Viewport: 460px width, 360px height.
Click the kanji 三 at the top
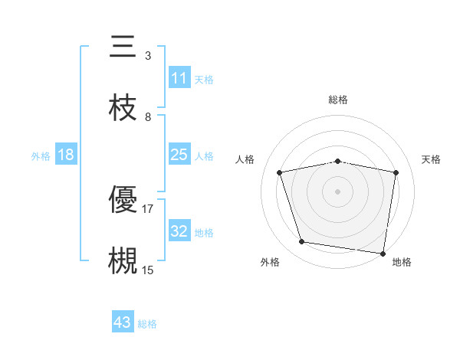click(x=123, y=47)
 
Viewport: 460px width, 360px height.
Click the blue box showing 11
click(x=179, y=78)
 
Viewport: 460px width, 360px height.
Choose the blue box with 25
click(x=179, y=155)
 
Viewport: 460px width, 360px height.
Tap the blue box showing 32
click(x=179, y=231)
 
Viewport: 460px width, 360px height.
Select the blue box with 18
click(x=66, y=155)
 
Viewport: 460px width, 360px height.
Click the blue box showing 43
click(x=122, y=322)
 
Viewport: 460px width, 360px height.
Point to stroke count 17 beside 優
click(x=147, y=208)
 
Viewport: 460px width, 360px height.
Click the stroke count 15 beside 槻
click(x=147, y=270)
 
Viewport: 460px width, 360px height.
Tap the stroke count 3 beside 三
click(x=147, y=56)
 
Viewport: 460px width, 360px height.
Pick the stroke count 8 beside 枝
click(x=147, y=116)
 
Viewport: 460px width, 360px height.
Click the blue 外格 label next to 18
click(x=40, y=155)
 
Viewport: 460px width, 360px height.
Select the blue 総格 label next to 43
click(x=147, y=324)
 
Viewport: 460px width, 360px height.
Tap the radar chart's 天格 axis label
click(x=431, y=159)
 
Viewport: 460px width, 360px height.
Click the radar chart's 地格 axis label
click(x=402, y=262)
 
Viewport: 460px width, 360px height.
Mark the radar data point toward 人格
click(x=280, y=172)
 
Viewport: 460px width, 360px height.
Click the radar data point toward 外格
click(x=302, y=242)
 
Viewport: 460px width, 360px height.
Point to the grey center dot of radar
click(x=337, y=191)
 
